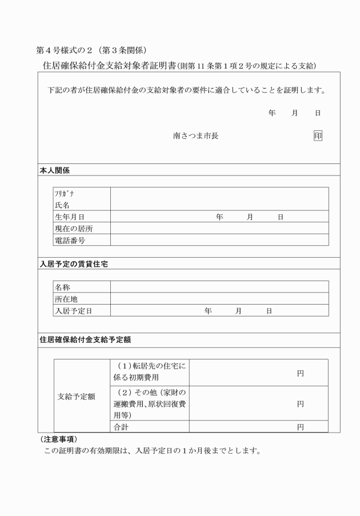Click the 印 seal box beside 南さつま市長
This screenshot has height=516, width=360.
pos(318,136)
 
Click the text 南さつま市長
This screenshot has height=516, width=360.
pos(195,136)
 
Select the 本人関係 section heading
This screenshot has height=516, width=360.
pos(55,170)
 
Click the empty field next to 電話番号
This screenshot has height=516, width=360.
pos(219,240)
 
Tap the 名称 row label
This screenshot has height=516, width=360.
pos(62,287)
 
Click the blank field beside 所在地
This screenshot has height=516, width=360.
pos(219,298)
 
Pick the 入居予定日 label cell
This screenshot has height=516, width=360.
pos(74,310)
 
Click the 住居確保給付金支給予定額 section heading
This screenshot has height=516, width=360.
pos(85,339)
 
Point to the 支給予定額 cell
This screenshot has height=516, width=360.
pos(77,396)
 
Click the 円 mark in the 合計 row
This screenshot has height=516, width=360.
pos(300,427)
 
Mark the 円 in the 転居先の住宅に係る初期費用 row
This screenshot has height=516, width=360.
pos(300,373)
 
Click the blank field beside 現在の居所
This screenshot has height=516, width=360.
pos(219,229)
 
